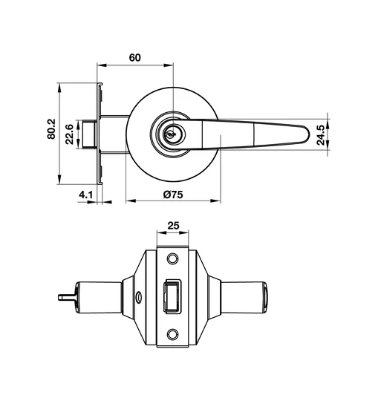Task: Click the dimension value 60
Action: tap(134, 57)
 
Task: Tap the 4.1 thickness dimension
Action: tap(85, 195)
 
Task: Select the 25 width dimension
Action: tap(173, 226)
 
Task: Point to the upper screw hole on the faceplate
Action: tap(173, 258)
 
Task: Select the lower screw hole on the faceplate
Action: tap(173, 334)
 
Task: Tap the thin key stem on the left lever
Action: tap(65, 298)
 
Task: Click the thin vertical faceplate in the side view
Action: tap(98, 134)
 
